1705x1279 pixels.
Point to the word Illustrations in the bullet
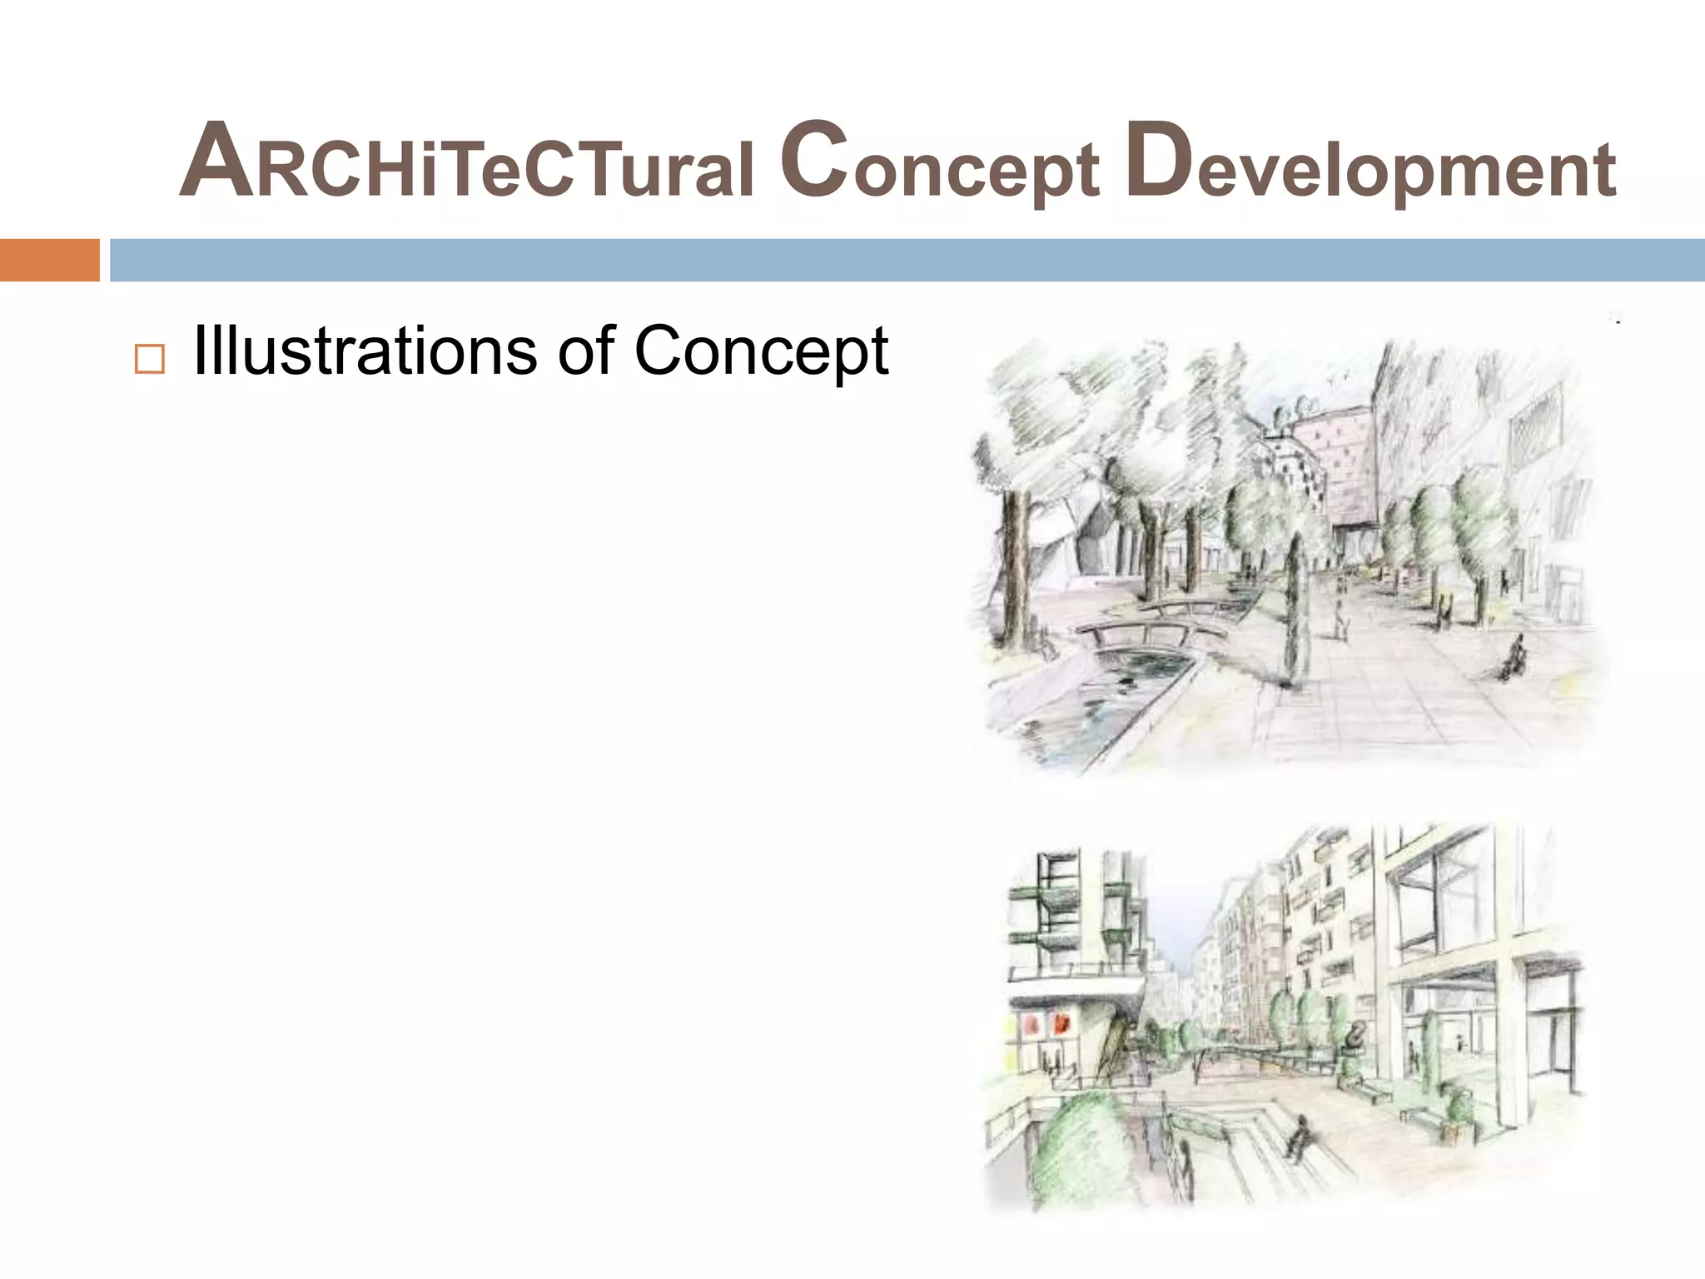(x=365, y=351)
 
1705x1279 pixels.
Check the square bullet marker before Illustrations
(x=149, y=359)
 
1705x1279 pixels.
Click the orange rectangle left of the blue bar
(x=49, y=260)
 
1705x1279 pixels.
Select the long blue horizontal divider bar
(x=907, y=260)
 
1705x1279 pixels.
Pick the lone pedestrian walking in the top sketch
(x=1340, y=612)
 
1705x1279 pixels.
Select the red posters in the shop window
(x=1046, y=1023)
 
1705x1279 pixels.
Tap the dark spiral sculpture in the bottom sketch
(x=1355, y=1038)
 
